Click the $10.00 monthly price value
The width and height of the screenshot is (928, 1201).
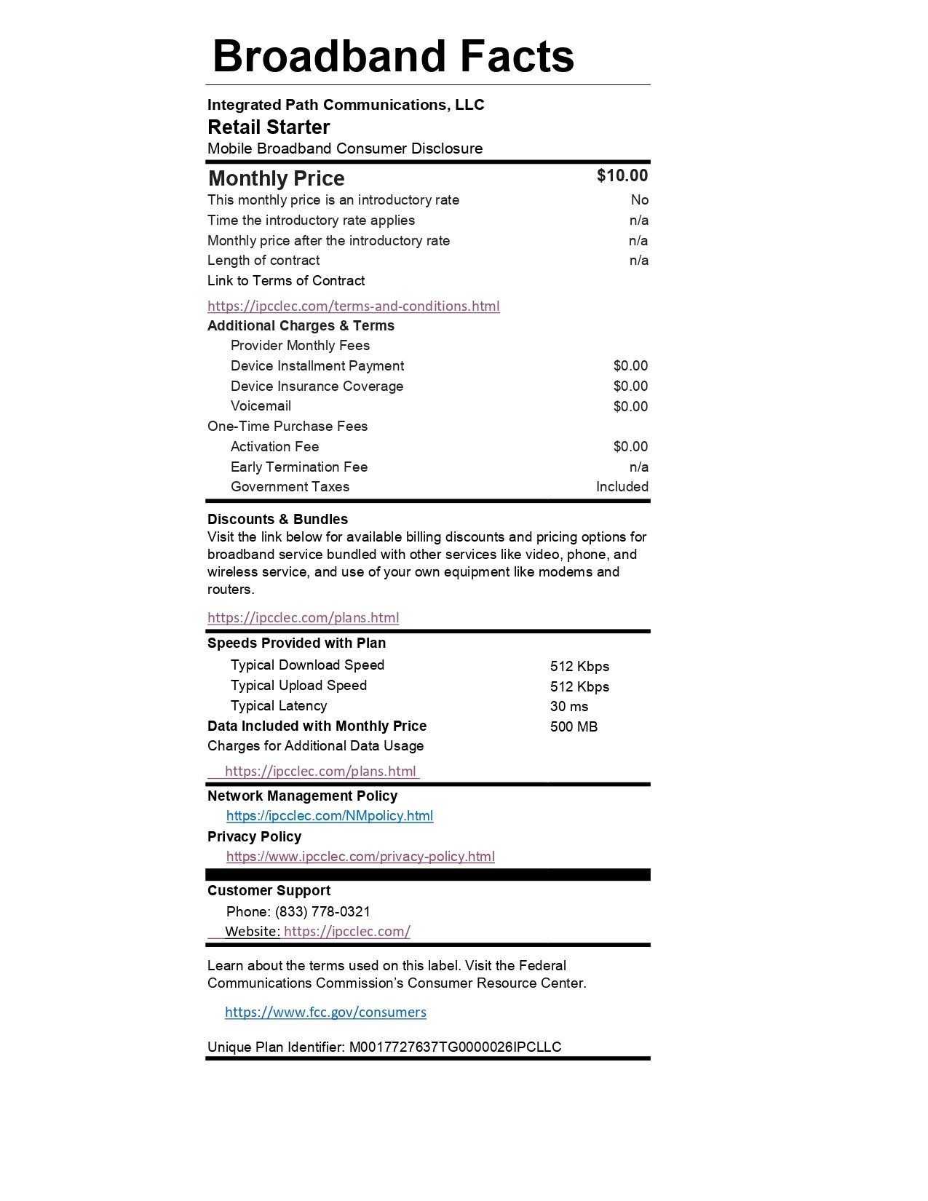coord(622,175)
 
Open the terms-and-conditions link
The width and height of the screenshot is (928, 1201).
coord(353,306)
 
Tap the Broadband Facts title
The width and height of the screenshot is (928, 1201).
coord(393,56)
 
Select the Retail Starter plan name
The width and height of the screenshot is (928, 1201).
coord(269,127)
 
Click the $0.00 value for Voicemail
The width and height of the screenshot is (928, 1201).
coord(630,406)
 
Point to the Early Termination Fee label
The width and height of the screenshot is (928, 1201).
coord(299,467)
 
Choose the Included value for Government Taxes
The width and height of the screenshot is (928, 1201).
coord(622,487)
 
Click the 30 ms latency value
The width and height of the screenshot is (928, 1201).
coord(569,706)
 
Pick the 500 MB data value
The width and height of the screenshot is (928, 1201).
coord(574,726)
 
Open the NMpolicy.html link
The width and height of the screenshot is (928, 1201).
coord(330,816)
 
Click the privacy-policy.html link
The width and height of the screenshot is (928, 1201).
coord(360,857)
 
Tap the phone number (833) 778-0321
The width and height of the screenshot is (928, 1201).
coord(322,911)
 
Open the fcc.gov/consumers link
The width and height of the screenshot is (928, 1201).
coord(325,1012)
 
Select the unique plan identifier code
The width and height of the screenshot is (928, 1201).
coord(455,1047)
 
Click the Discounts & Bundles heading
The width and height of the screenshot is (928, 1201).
coord(277,519)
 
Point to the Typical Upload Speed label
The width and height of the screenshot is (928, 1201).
coord(298,686)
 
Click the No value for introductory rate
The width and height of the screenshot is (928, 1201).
coord(639,200)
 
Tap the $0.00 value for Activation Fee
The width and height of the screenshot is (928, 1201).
coord(630,446)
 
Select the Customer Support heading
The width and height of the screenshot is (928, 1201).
coord(269,890)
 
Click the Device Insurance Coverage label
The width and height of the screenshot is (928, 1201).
coord(317,386)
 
